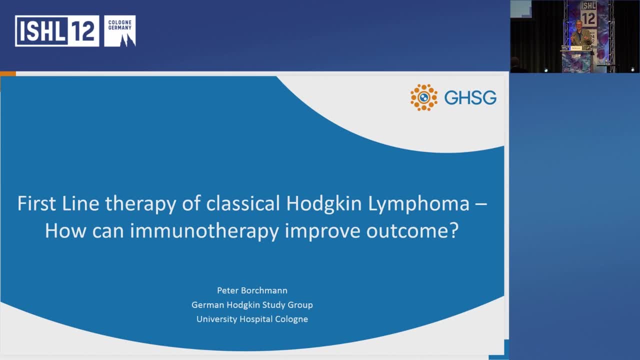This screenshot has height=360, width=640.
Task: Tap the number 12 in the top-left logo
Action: pos(82,31)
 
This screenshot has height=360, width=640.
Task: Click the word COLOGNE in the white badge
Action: pos(119,21)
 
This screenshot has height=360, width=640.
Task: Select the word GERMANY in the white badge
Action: pos(119,27)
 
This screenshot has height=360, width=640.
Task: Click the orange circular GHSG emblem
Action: pos(424,97)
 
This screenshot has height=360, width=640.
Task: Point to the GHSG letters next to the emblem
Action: pos(470,97)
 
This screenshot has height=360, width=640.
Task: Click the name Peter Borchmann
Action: pos(252,290)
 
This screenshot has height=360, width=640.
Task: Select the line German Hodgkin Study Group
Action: pos(252,304)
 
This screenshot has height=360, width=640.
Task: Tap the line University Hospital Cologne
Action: pos(252,318)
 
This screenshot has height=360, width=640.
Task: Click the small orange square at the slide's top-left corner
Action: pos(8,74)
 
